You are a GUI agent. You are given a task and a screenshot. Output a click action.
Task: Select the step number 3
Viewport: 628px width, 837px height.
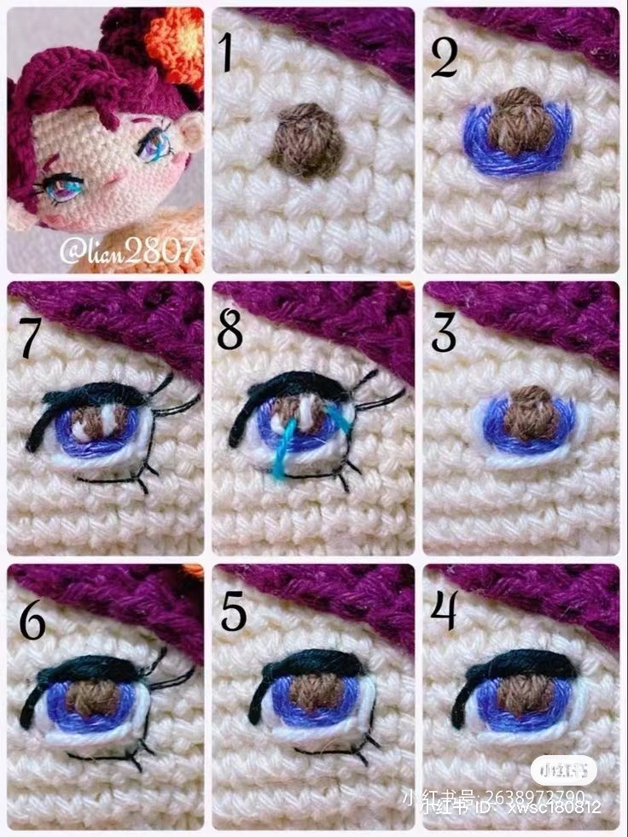[444, 333]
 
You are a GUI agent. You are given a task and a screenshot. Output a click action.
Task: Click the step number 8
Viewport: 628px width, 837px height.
[230, 331]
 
